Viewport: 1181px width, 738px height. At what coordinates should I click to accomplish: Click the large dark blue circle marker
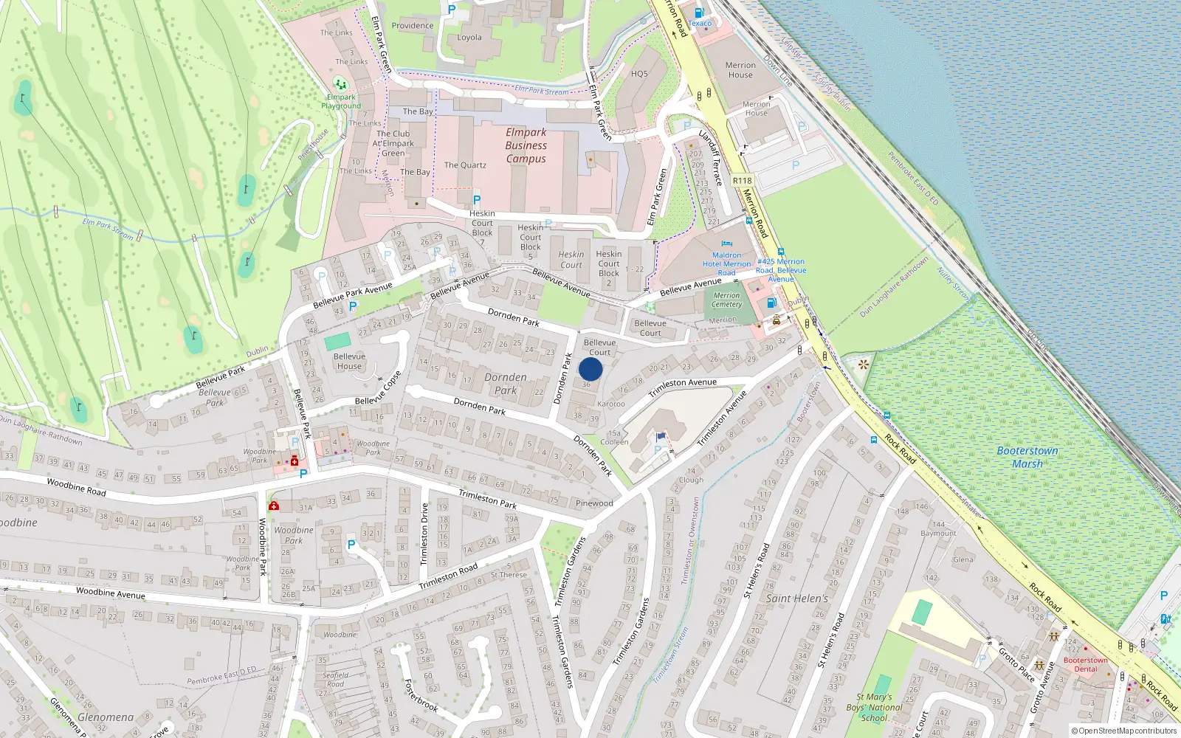pos(590,369)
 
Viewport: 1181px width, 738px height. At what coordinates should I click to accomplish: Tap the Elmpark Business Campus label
pos(526,145)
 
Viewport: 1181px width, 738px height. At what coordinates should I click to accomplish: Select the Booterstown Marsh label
pos(1027,457)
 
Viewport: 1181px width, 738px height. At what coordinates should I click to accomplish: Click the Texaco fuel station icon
pos(699,13)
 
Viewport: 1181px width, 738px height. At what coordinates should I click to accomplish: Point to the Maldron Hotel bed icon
pos(726,244)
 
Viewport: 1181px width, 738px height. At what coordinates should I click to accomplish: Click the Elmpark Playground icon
pos(340,83)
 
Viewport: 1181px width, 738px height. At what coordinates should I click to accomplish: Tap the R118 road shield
pos(742,181)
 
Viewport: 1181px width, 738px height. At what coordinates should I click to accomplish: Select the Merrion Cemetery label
pos(726,300)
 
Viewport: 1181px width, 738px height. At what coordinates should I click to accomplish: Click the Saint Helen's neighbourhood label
pos(797,599)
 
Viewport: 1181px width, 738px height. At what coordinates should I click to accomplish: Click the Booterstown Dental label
pos(1085,664)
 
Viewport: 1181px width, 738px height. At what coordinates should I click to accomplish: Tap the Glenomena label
pos(106,717)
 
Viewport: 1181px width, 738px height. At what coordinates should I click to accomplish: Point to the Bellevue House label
pos(349,361)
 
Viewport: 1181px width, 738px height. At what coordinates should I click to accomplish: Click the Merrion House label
pos(740,70)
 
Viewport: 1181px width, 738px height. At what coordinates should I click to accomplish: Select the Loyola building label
pos(469,38)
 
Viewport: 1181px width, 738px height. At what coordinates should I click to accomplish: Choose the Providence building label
pos(413,26)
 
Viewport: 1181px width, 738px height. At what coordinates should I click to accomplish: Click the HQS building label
pos(639,74)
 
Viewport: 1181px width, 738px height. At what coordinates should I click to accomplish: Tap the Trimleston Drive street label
pos(424,534)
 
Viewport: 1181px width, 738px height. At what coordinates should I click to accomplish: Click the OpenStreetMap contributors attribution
pos(1124,731)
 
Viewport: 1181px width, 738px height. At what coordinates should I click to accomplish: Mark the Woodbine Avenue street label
pos(111,593)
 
